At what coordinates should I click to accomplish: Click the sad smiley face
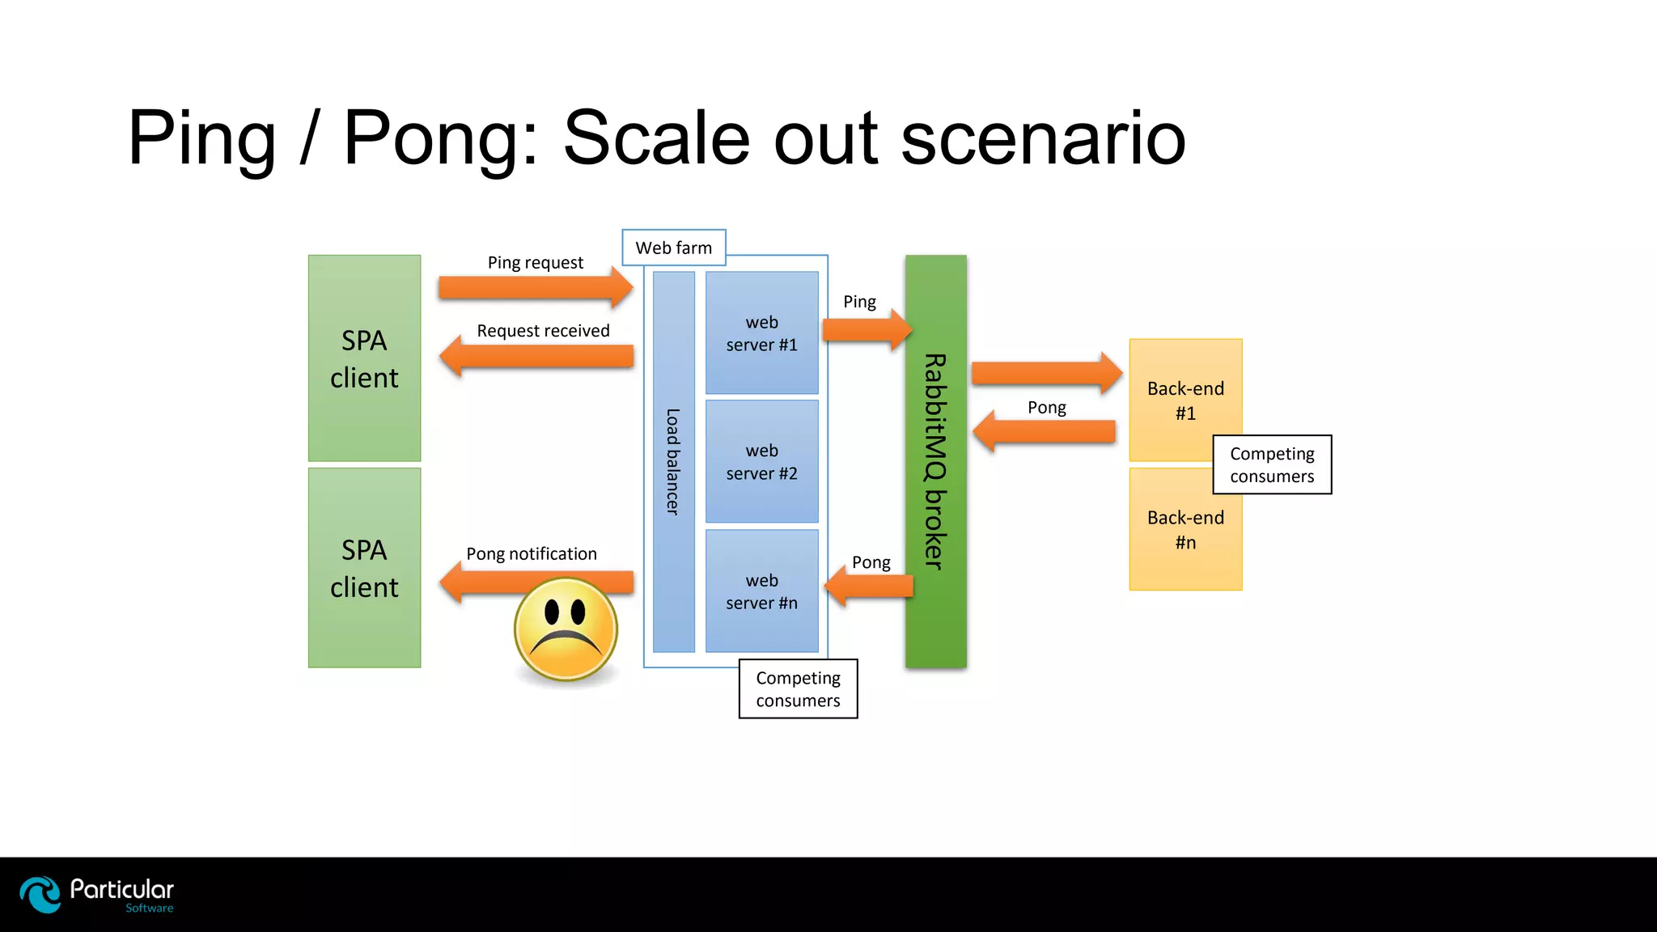point(566,629)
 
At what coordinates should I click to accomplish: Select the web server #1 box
point(761,333)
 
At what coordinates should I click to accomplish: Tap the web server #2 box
point(761,461)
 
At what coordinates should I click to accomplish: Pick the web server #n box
point(761,591)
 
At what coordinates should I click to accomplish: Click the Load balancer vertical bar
point(673,462)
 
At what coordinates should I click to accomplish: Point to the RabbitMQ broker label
point(935,461)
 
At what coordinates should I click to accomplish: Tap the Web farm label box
point(673,248)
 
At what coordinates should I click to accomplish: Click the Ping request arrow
point(535,288)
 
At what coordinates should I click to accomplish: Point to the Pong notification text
point(531,554)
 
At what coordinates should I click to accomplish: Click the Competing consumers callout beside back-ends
point(1272,465)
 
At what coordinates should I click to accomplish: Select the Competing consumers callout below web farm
point(798,689)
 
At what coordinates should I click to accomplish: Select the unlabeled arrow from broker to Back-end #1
point(1046,373)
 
